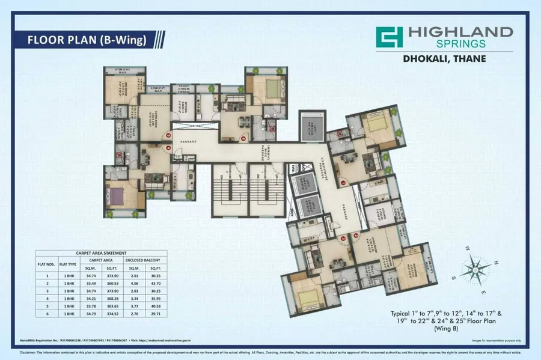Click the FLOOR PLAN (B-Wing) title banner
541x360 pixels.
(x=88, y=40)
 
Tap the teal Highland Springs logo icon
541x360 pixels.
(x=388, y=37)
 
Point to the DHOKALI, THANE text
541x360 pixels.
(x=444, y=59)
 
